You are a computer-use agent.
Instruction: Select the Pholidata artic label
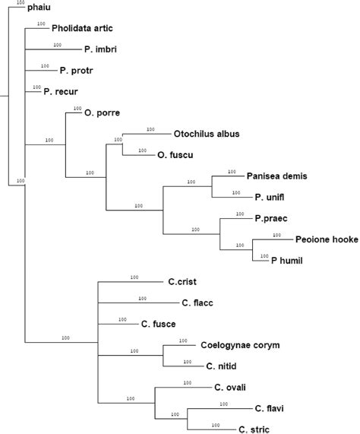tap(83, 29)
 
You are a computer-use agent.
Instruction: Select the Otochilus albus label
tap(207, 134)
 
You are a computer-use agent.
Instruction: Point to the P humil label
tap(288, 260)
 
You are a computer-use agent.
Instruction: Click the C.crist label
tap(184, 281)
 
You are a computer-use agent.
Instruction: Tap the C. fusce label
tap(158, 324)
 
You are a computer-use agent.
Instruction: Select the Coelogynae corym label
tap(240, 344)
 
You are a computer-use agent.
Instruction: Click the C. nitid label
tap(221, 366)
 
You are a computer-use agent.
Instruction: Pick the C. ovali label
tap(231, 387)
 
